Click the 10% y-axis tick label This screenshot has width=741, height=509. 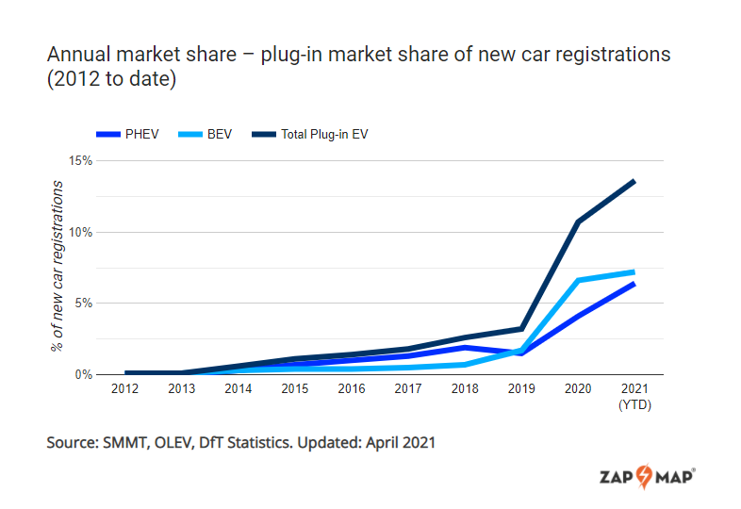click(x=81, y=232)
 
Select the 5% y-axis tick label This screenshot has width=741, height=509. click(x=84, y=304)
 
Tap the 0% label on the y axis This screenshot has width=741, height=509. click(x=84, y=374)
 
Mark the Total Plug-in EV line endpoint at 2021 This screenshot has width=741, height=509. click(x=634, y=181)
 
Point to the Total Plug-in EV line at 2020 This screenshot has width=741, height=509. click(x=577, y=222)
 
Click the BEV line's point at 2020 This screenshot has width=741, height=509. click(x=577, y=280)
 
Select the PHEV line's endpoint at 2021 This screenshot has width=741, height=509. click(x=634, y=284)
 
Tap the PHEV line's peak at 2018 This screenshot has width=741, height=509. click(x=464, y=348)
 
